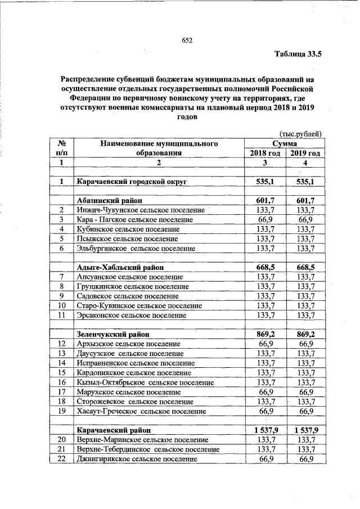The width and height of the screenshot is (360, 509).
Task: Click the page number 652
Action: coord(187,40)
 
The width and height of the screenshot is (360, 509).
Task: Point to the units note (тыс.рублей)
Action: coord(300,133)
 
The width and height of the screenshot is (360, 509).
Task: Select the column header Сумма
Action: coord(285,144)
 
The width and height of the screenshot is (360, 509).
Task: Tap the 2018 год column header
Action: coord(265,154)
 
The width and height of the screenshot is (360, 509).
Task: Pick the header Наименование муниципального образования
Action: coord(159,148)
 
